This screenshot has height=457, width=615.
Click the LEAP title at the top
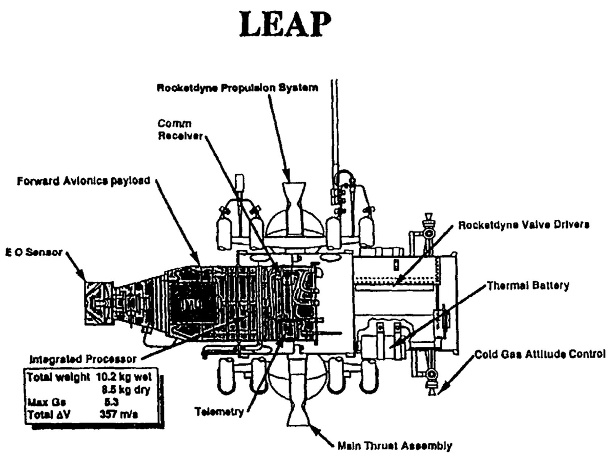[x=285, y=25]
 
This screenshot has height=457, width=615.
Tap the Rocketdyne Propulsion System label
[x=237, y=88]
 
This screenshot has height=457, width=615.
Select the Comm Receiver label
[x=180, y=130]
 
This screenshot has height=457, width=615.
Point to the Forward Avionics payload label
[x=84, y=181]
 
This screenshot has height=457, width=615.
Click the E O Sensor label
[x=34, y=252]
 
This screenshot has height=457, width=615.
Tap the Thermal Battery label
[x=528, y=286]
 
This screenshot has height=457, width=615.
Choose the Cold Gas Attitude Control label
[x=540, y=355]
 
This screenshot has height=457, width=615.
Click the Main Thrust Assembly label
[x=395, y=446]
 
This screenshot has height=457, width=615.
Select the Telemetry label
[x=219, y=411]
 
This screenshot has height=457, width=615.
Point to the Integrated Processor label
[x=83, y=359]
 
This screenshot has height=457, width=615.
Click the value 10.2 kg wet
[x=124, y=377]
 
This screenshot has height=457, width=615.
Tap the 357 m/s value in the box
[x=119, y=414]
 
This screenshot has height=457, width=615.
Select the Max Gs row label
[x=43, y=402]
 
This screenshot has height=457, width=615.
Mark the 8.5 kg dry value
[x=126, y=390]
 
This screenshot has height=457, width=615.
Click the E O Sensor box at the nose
[x=99, y=303]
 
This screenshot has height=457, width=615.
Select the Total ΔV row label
[x=49, y=414]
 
